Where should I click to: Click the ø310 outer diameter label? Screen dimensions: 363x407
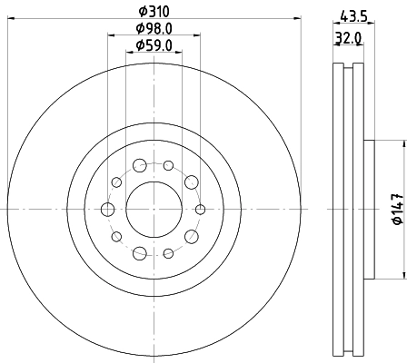tap(154, 12)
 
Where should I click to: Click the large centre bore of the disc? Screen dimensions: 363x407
tap(153, 210)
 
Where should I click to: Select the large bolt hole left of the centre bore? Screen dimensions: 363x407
tap(107, 210)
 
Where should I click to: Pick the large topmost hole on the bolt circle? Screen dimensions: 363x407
tap(139, 166)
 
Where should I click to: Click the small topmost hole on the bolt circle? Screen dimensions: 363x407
tap(168, 165)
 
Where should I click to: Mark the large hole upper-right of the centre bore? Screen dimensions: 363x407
tap(191, 183)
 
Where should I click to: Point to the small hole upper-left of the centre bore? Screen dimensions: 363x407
tap(115, 182)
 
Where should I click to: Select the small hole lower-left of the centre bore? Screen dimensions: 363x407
tap(115, 237)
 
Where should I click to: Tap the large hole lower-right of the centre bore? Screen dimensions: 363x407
tap(191, 237)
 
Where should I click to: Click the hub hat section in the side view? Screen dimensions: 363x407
tap(369, 210)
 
